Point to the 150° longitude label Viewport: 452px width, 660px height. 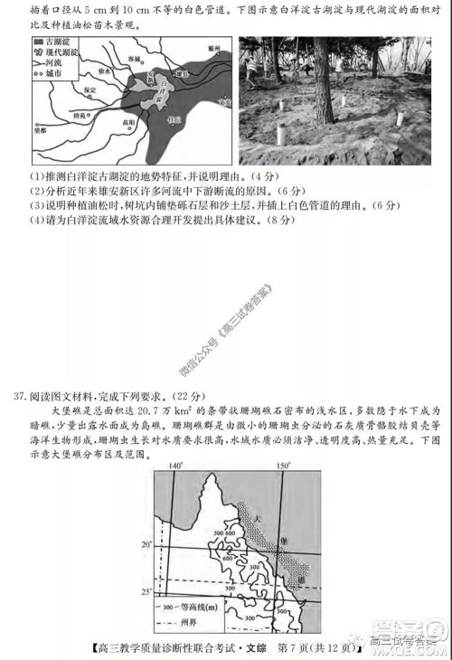[x=283, y=466]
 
